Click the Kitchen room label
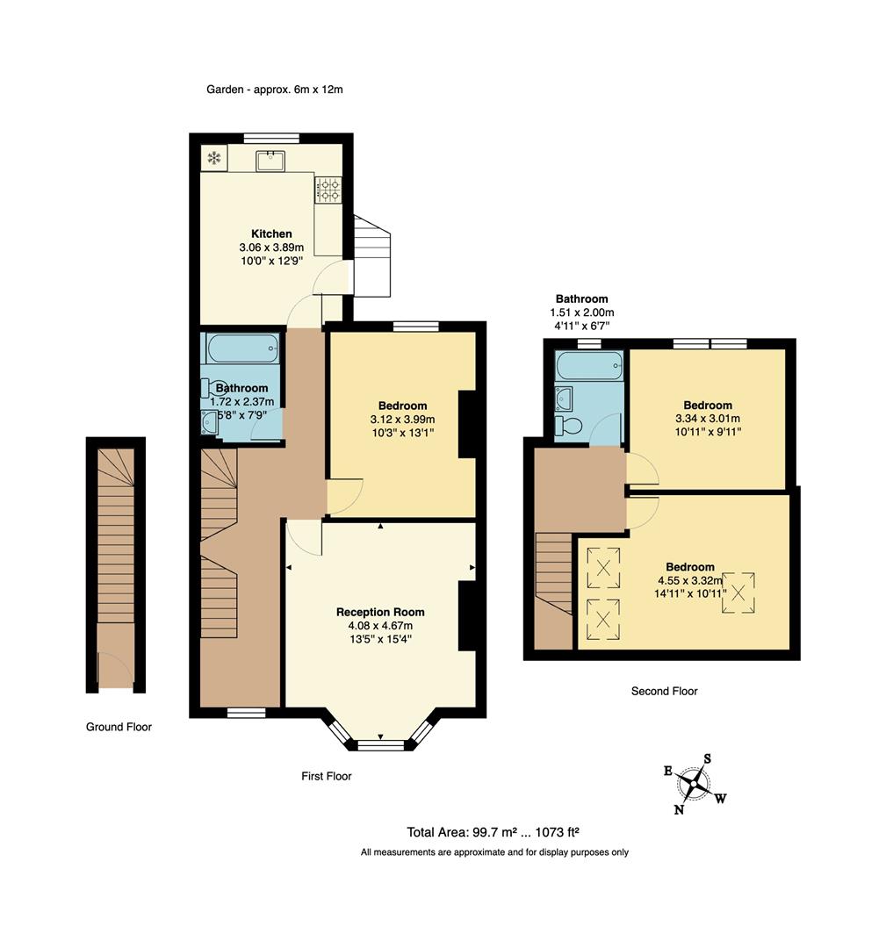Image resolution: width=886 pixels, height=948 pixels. click(271, 233)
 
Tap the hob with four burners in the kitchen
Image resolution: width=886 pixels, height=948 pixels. click(328, 189)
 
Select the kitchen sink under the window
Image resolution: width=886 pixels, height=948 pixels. click(270, 161)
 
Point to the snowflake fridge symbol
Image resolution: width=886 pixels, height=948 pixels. click(214, 158)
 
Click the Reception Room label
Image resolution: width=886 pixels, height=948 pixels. click(380, 612)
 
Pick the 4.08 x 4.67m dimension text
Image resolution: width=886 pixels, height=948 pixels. click(380, 626)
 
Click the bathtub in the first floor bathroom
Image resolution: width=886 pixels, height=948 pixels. click(242, 348)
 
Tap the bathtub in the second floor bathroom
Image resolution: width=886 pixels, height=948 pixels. click(590, 366)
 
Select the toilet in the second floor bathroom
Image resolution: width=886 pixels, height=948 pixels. click(568, 426)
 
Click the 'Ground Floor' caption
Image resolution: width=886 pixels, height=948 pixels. click(119, 727)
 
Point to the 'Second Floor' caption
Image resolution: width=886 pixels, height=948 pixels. click(664, 691)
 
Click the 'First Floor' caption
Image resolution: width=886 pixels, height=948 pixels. click(327, 776)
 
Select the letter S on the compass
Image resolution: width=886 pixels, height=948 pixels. click(707, 758)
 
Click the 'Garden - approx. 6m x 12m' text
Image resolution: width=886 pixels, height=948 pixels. click(275, 90)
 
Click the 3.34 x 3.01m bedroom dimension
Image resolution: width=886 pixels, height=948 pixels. click(708, 419)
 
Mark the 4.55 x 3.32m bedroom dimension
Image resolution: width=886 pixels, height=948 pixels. click(690, 580)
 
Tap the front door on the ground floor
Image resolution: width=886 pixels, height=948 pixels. click(116, 669)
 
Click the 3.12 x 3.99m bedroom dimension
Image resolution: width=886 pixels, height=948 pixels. click(402, 419)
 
